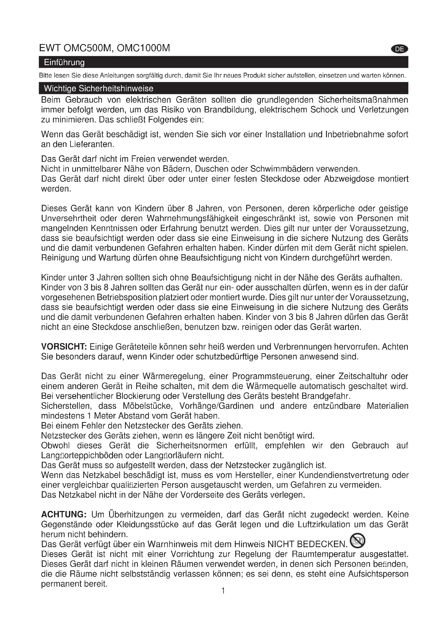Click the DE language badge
tap(399, 49)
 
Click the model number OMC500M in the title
tap(88, 48)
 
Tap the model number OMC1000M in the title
tap(144, 48)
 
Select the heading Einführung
tap(64, 62)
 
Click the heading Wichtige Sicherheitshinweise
tap(99, 89)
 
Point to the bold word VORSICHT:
tap(64, 347)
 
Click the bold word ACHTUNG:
tap(64, 514)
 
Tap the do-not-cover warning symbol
tap(358, 541)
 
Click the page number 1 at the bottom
tap(223, 591)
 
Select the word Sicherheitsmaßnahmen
tap(363, 100)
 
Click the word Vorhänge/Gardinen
tap(216, 406)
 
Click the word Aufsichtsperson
tap(378, 574)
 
